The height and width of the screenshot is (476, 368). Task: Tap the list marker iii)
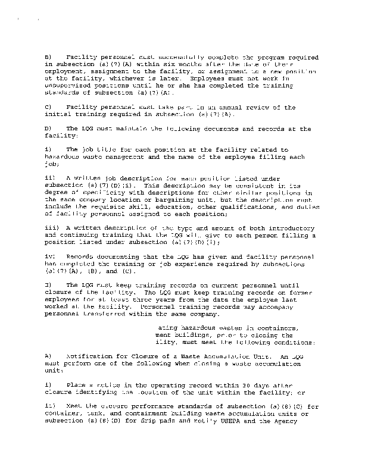click(52, 228)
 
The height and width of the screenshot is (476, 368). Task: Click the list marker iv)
click(51, 256)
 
